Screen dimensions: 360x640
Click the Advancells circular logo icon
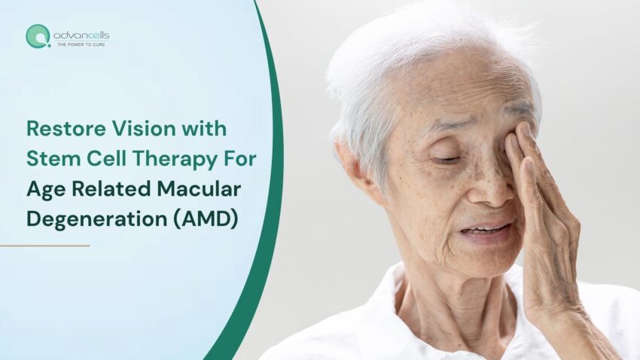click(38, 35)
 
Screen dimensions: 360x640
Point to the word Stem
click(50, 158)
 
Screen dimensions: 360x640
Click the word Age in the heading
click(44, 188)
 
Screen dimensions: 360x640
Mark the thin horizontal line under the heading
click(44, 245)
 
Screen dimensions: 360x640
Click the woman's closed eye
click(446, 159)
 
